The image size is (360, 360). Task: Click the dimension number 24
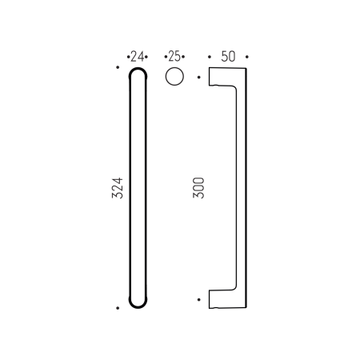(x=138, y=57)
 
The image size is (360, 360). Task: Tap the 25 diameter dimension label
(x=174, y=57)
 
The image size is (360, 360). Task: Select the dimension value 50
(x=227, y=57)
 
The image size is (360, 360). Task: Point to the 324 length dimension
(x=117, y=189)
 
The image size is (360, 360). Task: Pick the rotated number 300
(x=199, y=189)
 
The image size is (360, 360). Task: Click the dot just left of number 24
(x=128, y=57)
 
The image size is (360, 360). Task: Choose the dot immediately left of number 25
(x=165, y=57)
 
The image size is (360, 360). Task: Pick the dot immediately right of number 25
(x=183, y=57)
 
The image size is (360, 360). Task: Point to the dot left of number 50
(x=209, y=57)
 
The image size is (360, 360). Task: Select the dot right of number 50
(x=247, y=57)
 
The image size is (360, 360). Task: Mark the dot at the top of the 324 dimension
(x=118, y=68)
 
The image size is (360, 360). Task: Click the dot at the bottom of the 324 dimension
(x=118, y=307)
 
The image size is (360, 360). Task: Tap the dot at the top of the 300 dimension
(x=198, y=78)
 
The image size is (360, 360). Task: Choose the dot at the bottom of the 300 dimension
(x=198, y=299)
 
